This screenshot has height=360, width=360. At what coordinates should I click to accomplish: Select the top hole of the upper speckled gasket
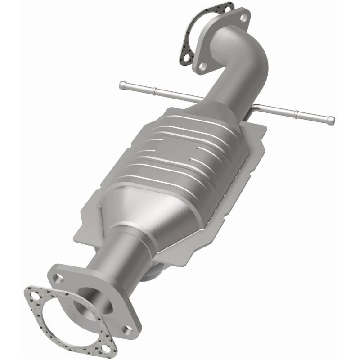pos(228,8)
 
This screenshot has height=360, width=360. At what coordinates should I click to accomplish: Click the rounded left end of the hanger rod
pos(122,84)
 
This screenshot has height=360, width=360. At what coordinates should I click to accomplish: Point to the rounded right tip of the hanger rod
pos(332,120)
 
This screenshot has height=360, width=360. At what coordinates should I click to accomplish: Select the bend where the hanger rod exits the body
pos(255,108)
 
